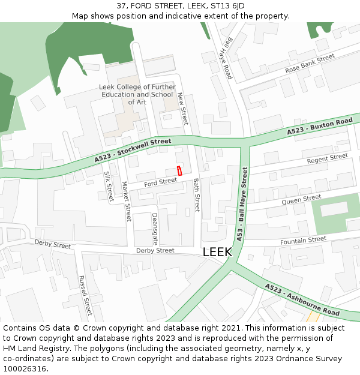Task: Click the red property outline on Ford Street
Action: coord(179,170)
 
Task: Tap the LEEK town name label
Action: coord(217,252)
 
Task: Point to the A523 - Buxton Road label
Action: coord(319,126)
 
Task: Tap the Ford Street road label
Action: coord(160,181)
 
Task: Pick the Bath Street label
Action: coord(196,194)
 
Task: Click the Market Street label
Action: coord(127,201)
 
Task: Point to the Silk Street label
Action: coord(109,186)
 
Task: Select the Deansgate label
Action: coord(155,229)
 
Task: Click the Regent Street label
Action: coord(327,159)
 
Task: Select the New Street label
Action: coord(183,108)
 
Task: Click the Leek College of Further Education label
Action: coord(137,94)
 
